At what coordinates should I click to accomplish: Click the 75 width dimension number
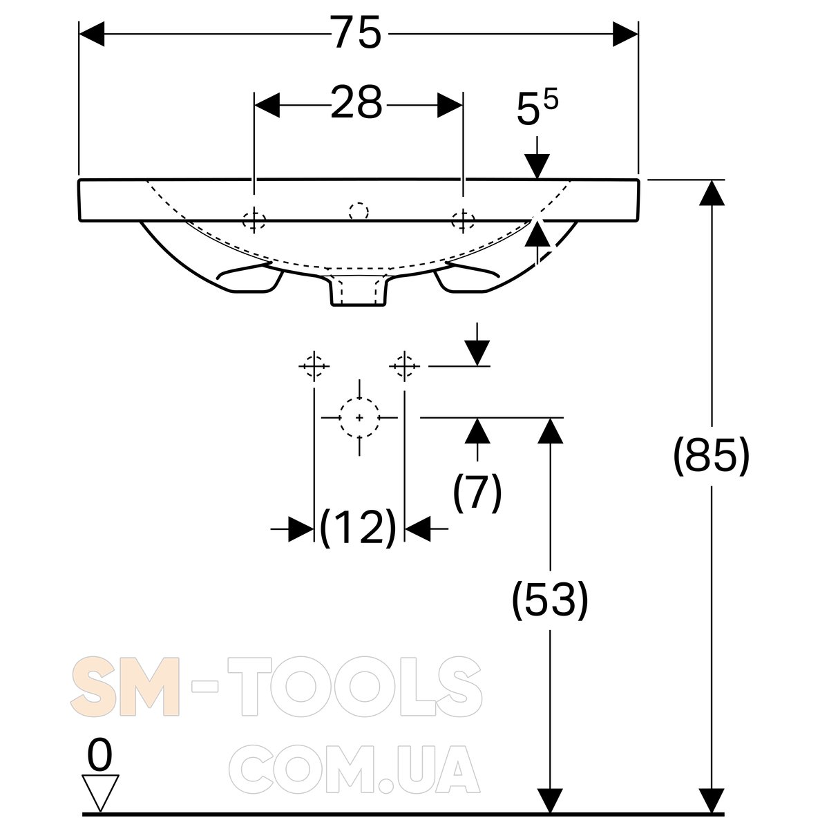pos(356,32)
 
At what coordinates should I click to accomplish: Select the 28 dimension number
pos(356,102)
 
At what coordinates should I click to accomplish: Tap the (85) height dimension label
pos(711,456)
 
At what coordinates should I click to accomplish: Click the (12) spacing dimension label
pos(358,528)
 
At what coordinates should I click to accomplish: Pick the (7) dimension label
pos(477,493)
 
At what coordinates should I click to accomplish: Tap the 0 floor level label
pos(99,754)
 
